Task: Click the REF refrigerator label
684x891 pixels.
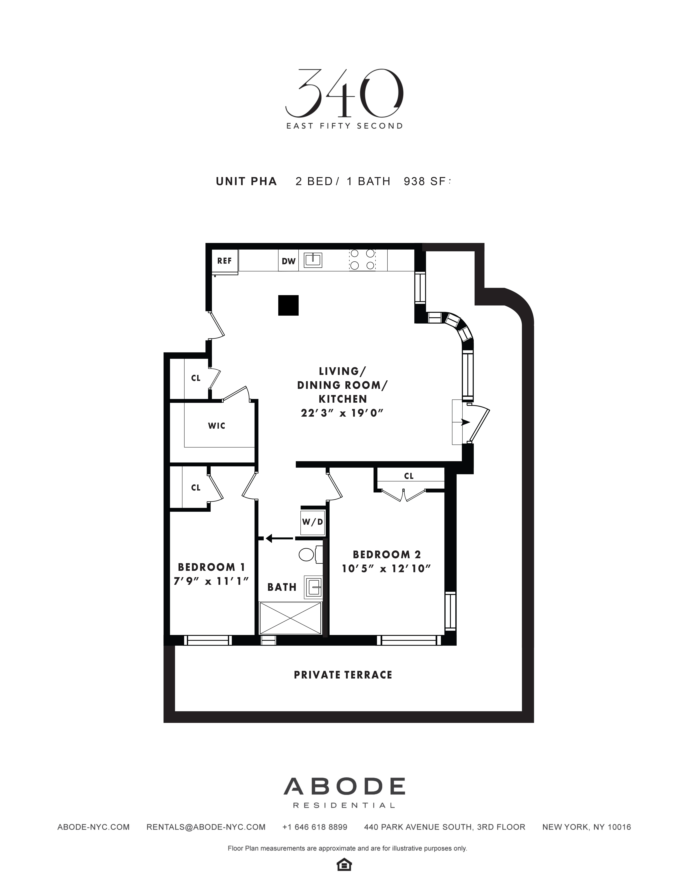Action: (x=224, y=261)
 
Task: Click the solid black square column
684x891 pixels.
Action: (x=288, y=305)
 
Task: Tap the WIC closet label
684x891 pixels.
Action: (x=217, y=426)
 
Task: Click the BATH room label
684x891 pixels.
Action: (x=282, y=587)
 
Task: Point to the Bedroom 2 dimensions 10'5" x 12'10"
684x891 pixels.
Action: (x=386, y=569)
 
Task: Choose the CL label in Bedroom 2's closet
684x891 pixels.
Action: (x=409, y=476)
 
